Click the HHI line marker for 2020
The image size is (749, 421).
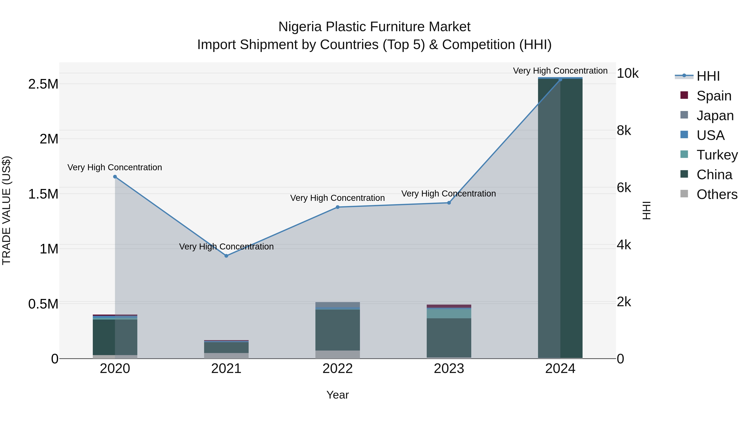(x=115, y=177)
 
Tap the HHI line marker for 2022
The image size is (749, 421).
(x=338, y=207)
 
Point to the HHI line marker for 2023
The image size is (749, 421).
(x=449, y=203)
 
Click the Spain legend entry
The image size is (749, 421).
(x=714, y=96)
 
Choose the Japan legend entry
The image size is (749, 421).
(x=715, y=116)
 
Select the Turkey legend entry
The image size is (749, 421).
(x=717, y=155)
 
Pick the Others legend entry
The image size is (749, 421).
(x=717, y=194)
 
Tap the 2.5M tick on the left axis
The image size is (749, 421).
(x=43, y=84)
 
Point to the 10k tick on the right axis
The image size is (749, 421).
(x=627, y=74)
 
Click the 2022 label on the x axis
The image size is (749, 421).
(x=338, y=369)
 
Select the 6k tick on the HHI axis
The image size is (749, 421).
(x=624, y=188)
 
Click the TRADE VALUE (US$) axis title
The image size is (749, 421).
(x=7, y=210)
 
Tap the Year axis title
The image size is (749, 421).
(x=338, y=395)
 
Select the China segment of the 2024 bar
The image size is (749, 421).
(x=560, y=218)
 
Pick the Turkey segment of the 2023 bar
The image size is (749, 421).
(x=449, y=313)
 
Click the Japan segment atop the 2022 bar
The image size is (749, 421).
(x=338, y=305)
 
